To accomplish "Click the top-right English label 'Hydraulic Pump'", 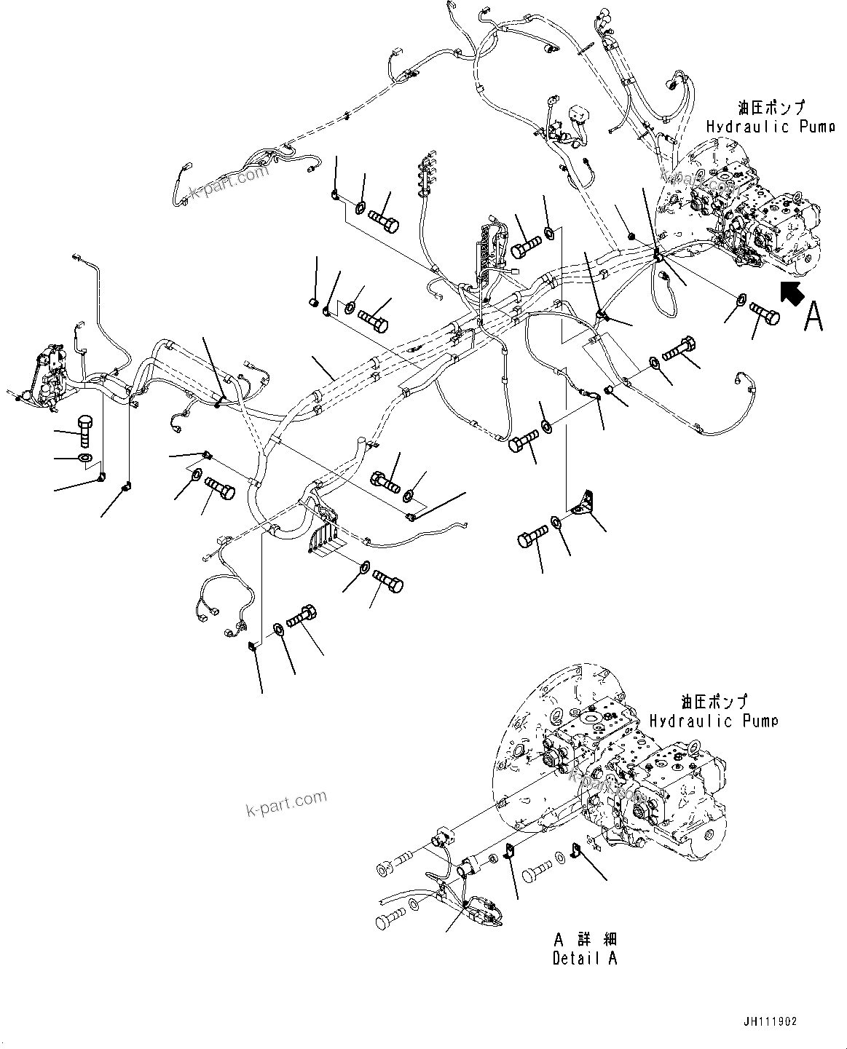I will click(x=770, y=127).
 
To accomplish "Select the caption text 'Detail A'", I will click(x=584, y=958).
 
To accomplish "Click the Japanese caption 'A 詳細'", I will click(x=584, y=941).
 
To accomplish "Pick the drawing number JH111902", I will click(x=771, y=1021).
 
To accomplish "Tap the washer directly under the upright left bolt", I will click(x=84, y=458).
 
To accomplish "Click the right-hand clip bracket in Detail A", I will click(x=576, y=850).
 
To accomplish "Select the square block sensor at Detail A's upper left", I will click(x=442, y=836).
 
